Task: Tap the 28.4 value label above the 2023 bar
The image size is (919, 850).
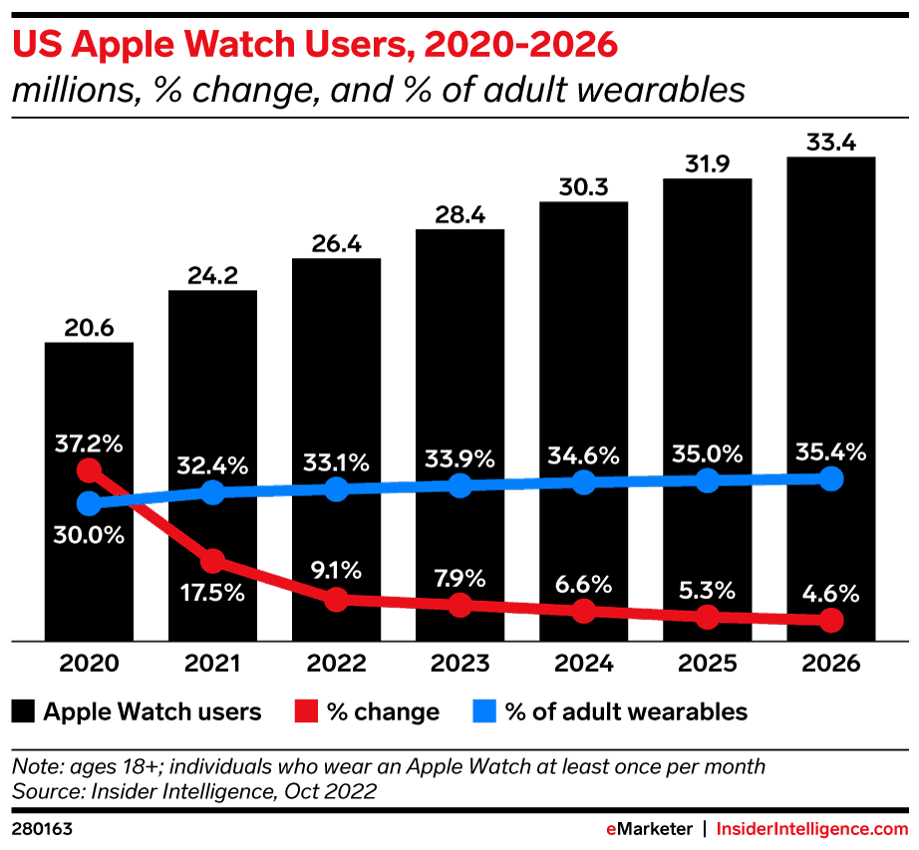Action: tap(459, 213)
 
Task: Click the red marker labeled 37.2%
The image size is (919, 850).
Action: tap(90, 469)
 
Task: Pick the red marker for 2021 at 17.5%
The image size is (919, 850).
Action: tap(212, 561)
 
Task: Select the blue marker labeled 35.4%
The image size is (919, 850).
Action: tap(830, 479)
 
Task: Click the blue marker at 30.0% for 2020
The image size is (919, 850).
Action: tap(90, 502)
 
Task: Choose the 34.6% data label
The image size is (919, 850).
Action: tap(583, 456)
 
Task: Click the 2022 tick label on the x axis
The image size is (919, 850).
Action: tap(336, 664)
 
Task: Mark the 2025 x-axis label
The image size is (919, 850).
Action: tap(707, 664)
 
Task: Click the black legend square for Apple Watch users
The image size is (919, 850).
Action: tap(24, 711)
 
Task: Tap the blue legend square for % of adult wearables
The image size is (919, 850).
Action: tap(482, 711)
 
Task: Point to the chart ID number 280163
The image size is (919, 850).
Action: tap(43, 828)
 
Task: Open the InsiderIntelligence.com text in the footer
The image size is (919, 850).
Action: tap(813, 828)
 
